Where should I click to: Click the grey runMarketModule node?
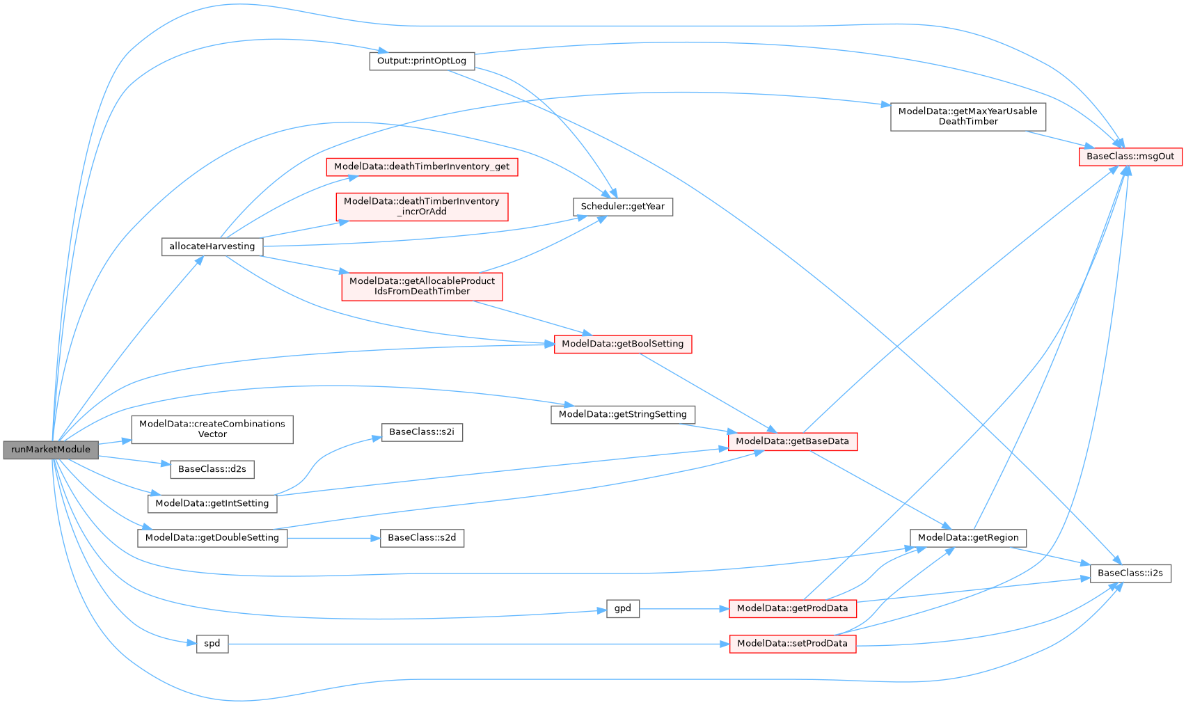coord(51,450)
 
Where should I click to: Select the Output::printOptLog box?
coord(422,61)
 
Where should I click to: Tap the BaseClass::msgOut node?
coord(1130,157)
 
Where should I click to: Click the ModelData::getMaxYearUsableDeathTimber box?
coord(967,116)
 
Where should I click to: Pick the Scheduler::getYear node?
coord(622,207)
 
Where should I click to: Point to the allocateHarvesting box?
coord(212,246)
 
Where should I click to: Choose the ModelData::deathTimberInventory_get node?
coord(422,167)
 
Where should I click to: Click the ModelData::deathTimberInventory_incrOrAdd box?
coord(422,207)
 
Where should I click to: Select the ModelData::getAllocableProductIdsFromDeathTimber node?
coord(422,286)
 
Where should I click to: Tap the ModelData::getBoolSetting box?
coord(622,344)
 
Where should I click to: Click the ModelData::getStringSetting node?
coord(622,415)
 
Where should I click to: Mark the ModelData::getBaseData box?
coord(792,441)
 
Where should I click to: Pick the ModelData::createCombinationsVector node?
coord(212,429)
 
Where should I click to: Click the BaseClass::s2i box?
coord(422,432)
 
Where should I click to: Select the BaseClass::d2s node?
coord(212,469)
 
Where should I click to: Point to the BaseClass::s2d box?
coord(422,538)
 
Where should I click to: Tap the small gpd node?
coord(622,609)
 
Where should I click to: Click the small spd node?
coord(212,644)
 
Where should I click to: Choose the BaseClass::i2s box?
coord(1130,573)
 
